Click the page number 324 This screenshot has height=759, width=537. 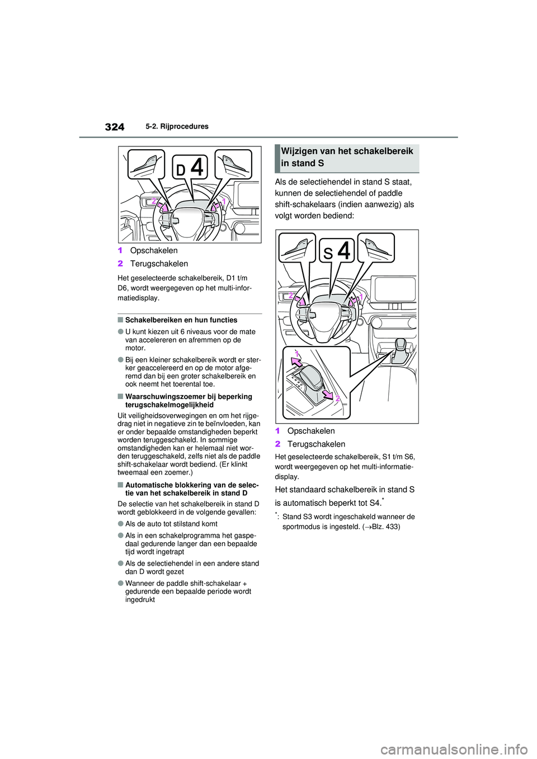click(x=114, y=127)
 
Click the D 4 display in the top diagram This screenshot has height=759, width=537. click(x=190, y=168)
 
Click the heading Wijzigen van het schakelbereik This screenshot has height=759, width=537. click(x=347, y=151)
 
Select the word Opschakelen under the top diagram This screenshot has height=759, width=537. click(x=154, y=251)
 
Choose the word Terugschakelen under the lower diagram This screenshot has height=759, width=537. click(x=316, y=444)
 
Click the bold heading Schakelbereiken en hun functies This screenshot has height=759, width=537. click(x=181, y=320)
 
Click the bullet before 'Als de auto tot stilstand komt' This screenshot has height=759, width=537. click(x=120, y=524)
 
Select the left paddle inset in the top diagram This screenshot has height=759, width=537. click(x=146, y=164)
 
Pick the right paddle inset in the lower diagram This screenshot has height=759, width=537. click(x=375, y=247)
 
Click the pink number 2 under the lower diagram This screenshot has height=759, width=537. click(x=277, y=444)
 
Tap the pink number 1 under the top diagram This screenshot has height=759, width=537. click(x=120, y=251)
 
